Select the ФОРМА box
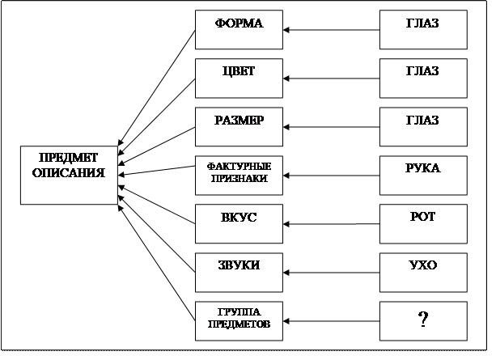pyautogui.click(x=240, y=31)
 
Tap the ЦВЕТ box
pyautogui.click(x=240, y=79)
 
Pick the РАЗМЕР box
pyautogui.click(x=240, y=128)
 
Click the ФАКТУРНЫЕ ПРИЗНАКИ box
pyautogui.click(x=240, y=173)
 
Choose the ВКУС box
pyautogui.click(x=240, y=224)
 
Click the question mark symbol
pyautogui.click(x=422, y=320)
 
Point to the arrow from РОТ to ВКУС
pyautogui.click(x=332, y=224)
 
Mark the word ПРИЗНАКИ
pyautogui.click(x=240, y=179)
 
